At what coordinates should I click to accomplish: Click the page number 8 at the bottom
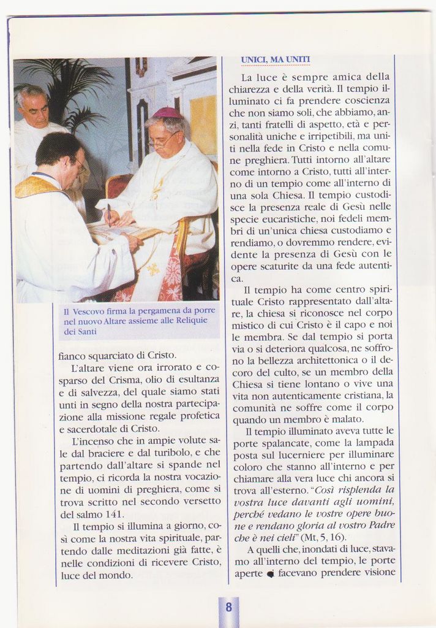(x=228, y=608)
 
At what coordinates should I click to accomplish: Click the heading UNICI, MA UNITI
(x=275, y=59)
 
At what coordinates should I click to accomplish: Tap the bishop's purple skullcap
(x=167, y=113)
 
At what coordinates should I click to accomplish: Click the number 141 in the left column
(x=113, y=514)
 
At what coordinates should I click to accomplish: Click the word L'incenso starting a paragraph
(x=95, y=440)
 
